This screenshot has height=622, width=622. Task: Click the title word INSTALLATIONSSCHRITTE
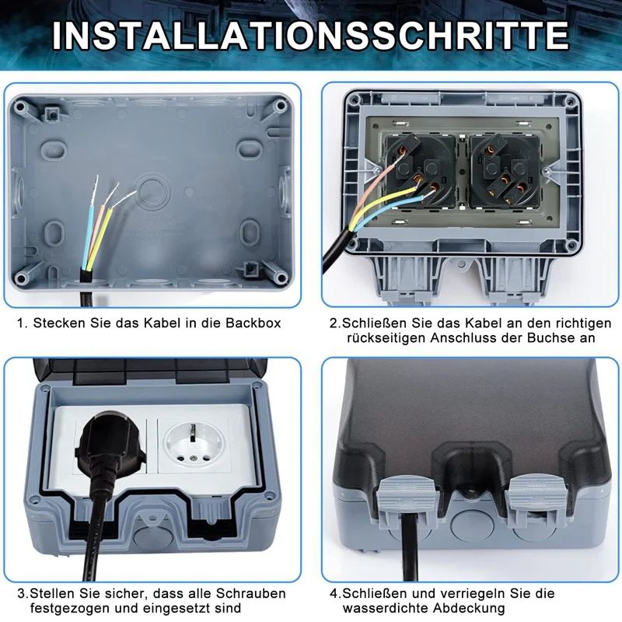(x=311, y=34)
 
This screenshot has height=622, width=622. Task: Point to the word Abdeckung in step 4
(x=475, y=608)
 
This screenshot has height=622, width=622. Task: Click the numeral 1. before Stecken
(x=22, y=322)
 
